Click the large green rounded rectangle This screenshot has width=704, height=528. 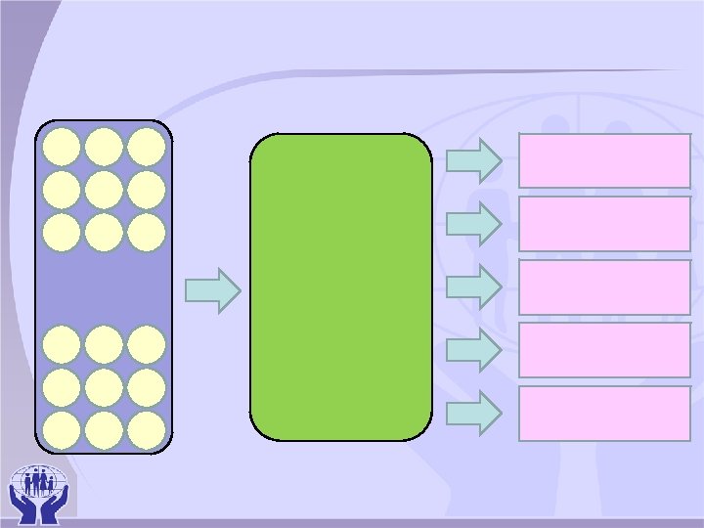340,286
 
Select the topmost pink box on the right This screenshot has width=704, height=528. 604,160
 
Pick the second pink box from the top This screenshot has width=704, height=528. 604,224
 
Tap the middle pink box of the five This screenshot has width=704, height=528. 604,286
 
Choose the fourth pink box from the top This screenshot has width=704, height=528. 604,350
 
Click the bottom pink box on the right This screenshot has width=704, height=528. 604,413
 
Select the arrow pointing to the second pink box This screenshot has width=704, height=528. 473,223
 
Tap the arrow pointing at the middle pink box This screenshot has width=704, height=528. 473,286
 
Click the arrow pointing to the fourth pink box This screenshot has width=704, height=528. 473,349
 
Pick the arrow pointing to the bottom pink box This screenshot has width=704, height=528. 473,412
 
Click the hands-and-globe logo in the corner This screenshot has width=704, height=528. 38,491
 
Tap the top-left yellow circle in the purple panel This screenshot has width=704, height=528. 63,147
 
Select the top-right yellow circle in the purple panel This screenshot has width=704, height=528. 146,147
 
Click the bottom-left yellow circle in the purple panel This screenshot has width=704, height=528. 63,430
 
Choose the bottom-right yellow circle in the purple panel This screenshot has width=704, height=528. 146,430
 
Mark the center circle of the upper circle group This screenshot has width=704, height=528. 104,189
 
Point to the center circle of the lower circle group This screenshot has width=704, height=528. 104,387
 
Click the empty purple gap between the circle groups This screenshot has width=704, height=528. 104,288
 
